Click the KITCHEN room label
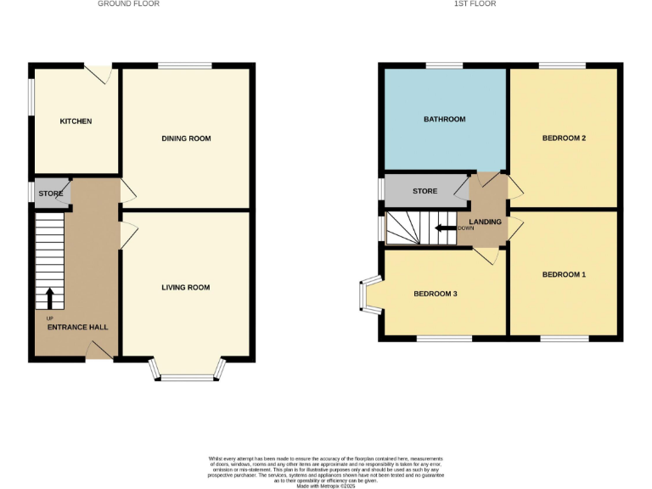76,121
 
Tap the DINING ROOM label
186,138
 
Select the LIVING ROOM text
186,288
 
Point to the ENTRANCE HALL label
77,327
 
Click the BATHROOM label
445,120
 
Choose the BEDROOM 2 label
564,138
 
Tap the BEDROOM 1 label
564,275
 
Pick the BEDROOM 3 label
436,294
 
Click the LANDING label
486,222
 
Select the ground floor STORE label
51,194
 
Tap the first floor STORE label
424,191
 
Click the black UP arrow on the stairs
49,298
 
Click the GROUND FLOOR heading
128,4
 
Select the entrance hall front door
100,351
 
